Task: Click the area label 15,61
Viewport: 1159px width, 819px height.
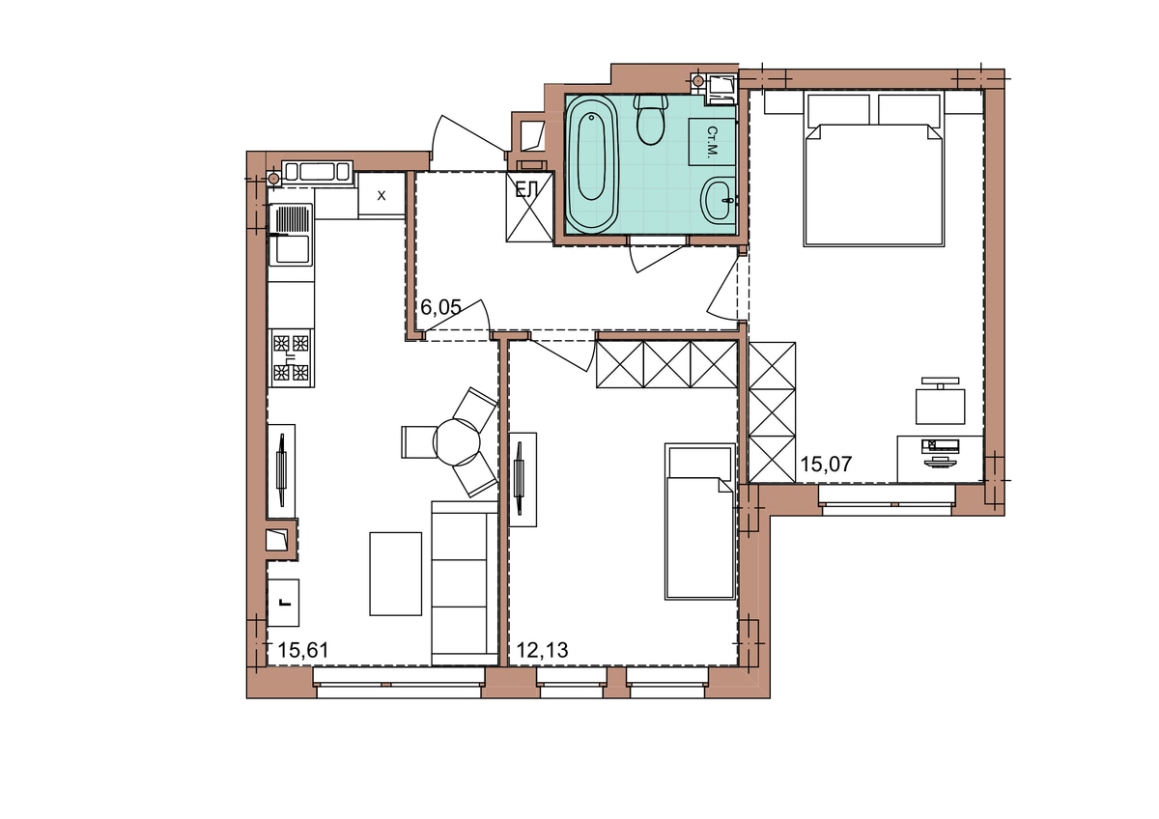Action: (x=303, y=650)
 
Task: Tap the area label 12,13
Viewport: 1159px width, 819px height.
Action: (x=542, y=650)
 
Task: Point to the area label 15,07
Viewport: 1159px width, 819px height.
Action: (x=827, y=465)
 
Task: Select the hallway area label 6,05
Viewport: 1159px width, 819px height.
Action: (x=440, y=307)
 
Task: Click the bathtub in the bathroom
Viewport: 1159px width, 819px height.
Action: (x=592, y=163)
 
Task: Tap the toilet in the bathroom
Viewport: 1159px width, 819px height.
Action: (x=650, y=120)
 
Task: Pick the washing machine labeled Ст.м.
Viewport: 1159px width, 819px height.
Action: (x=712, y=142)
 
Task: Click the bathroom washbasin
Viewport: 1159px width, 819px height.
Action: (x=719, y=199)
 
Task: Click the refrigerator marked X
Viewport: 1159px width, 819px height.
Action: (x=382, y=195)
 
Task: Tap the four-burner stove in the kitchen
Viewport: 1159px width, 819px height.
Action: (x=292, y=358)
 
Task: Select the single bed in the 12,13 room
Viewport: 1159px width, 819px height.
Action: (x=700, y=521)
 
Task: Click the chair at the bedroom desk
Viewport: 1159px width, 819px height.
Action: (x=940, y=402)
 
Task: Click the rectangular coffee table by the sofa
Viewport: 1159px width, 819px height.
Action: (x=395, y=574)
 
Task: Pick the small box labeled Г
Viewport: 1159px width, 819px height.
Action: (x=283, y=603)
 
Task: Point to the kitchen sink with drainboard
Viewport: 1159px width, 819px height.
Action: (x=292, y=235)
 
